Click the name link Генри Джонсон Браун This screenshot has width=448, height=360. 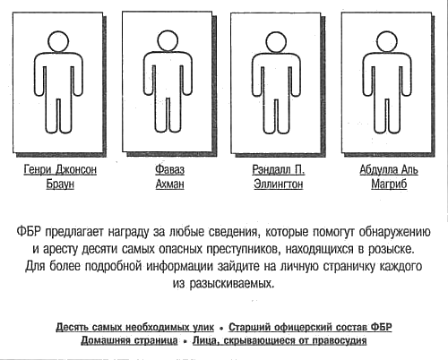pos(60,176)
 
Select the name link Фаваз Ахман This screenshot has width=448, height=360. pos(169,176)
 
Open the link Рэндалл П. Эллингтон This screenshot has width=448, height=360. pos(279,176)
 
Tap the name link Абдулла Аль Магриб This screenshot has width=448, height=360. pos(389,176)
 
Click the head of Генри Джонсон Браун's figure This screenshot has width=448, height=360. pos(58,41)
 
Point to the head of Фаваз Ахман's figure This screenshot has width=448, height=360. pos(168,41)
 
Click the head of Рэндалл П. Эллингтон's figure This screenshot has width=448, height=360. pos(277,42)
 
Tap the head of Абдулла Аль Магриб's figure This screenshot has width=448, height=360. pos(387,41)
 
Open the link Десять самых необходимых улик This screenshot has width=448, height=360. pos(135,327)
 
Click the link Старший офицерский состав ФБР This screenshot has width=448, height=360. pos(310,327)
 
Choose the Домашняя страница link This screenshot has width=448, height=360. pos(129,340)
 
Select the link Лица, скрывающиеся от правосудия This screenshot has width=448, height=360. pos(280,340)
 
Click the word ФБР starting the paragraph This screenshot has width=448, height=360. pos(29,232)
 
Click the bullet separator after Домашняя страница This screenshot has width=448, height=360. pos(185,341)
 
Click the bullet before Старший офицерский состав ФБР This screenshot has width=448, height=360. pos(221,329)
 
